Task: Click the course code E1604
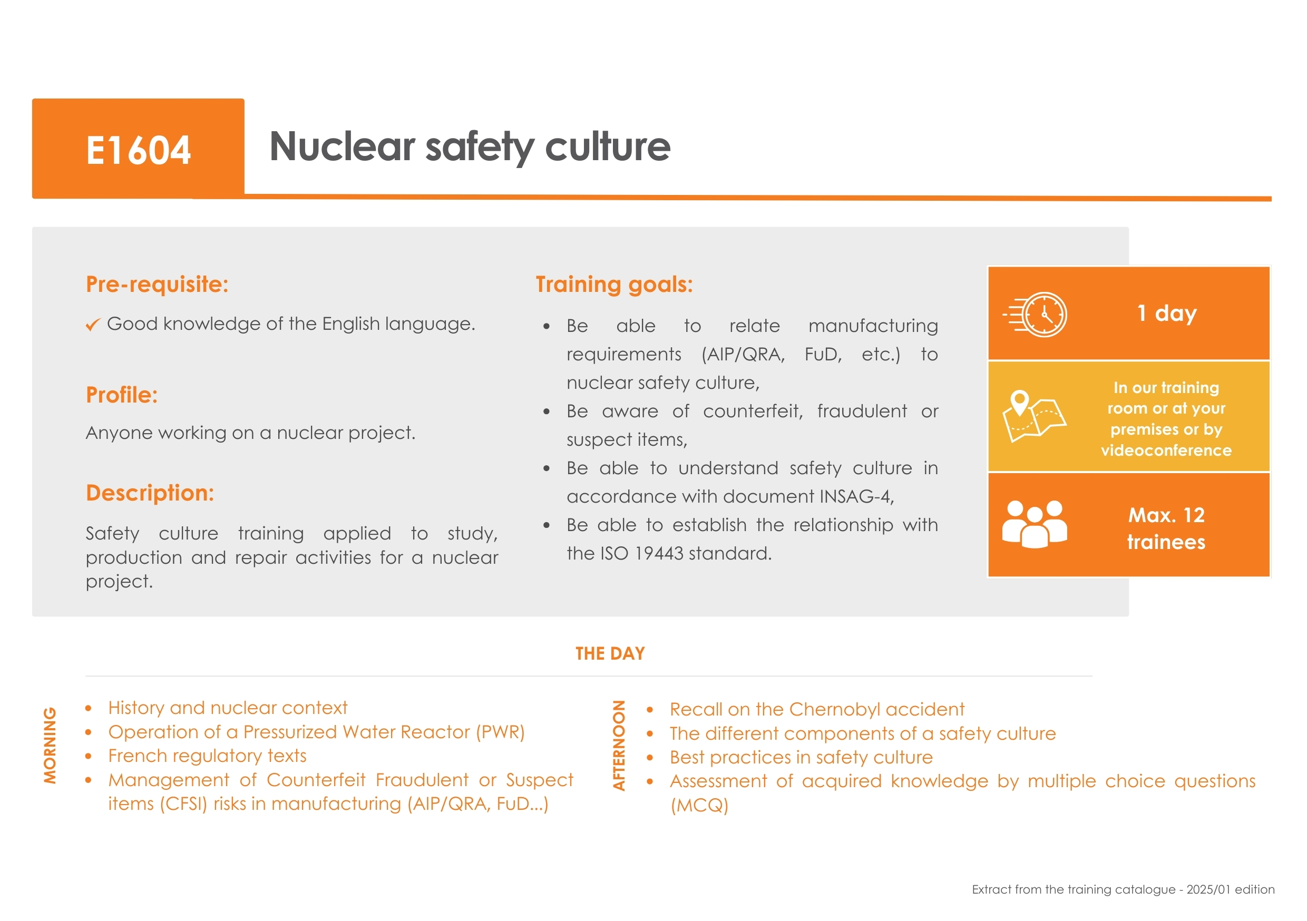(x=138, y=150)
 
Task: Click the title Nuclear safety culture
(x=470, y=147)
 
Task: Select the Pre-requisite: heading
(x=157, y=284)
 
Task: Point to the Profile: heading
(x=122, y=395)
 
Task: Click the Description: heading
(x=150, y=493)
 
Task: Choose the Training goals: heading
(x=614, y=285)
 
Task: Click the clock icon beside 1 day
(x=1036, y=315)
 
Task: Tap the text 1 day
(x=1167, y=313)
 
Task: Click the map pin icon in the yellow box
(x=1020, y=403)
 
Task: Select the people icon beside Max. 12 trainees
(x=1035, y=524)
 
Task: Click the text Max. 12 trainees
(x=1166, y=528)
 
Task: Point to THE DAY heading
(x=610, y=653)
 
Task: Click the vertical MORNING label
(x=50, y=746)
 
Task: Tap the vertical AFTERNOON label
(x=619, y=746)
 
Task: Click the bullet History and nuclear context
(x=228, y=708)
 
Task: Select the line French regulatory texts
(x=207, y=756)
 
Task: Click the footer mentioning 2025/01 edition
(x=1123, y=890)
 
